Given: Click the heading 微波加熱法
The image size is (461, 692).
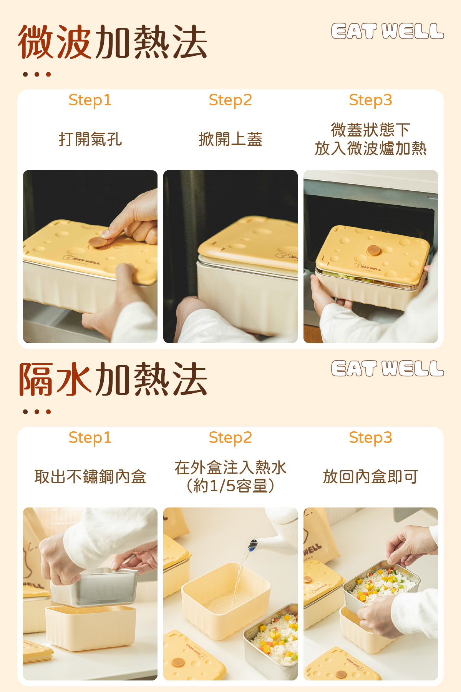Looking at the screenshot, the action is click(113, 42).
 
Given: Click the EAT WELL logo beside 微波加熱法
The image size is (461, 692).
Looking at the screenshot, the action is click(387, 31).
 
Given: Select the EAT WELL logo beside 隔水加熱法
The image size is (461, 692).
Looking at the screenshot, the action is click(387, 368).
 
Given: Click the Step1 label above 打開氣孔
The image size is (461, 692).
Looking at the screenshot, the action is click(90, 100).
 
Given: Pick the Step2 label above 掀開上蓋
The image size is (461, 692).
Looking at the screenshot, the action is click(230, 100).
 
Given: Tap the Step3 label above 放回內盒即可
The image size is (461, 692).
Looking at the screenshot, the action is click(370, 437).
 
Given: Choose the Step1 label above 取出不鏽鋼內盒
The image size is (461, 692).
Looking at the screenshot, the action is click(90, 437).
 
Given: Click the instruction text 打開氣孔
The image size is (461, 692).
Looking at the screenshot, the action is click(90, 139).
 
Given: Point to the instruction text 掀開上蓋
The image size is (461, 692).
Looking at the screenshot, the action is click(230, 139).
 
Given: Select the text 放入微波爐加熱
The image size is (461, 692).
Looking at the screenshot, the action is click(371, 148).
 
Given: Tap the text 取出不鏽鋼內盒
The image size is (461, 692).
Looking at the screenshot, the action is click(90, 477).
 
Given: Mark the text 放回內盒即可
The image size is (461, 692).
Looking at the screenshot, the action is click(370, 477).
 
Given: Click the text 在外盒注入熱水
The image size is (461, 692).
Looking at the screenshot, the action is click(230, 467).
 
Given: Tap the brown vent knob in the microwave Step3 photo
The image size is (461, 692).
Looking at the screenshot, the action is click(373, 250).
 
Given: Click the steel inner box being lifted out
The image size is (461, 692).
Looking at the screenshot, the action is click(94, 587).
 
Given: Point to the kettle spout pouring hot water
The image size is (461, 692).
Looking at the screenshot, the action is click(253, 545).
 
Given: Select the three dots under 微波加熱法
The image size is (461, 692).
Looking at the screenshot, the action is click(37, 74).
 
